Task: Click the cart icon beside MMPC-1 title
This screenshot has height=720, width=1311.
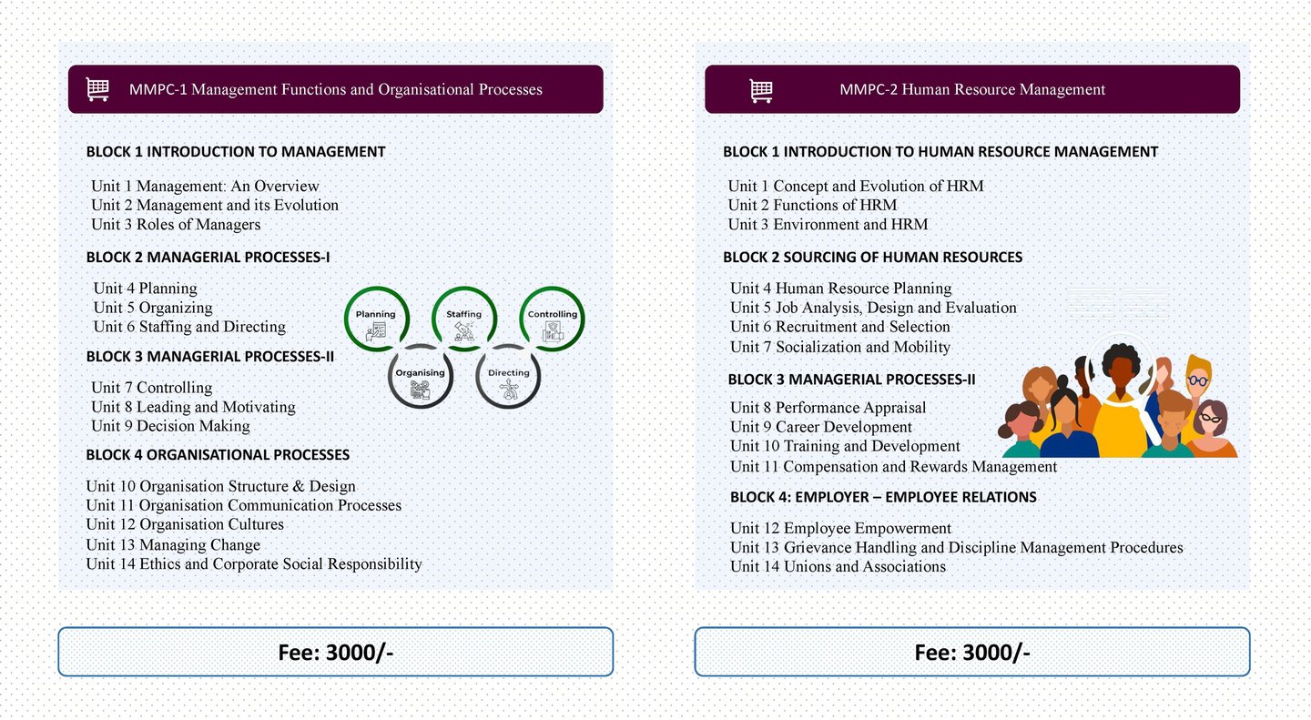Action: tap(97, 89)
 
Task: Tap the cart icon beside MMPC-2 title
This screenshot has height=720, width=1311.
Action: tap(761, 89)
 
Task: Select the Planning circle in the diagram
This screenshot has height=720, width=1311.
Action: tap(376, 319)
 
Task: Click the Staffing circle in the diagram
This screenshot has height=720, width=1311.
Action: tap(464, 319)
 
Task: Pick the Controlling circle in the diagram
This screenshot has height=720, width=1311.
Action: tap(552, 319)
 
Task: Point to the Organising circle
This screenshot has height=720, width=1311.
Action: tap(421, 376)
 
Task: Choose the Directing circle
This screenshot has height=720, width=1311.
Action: tap(508, 376)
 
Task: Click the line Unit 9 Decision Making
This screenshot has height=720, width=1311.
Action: tap(170, 426)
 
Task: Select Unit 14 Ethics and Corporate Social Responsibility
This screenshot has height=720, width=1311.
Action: tap(254, 564)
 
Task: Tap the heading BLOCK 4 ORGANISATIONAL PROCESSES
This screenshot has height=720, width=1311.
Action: tap(218, 454)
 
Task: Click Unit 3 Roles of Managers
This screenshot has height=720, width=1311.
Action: tap(176, 225)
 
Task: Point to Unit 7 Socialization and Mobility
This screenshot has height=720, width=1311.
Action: tap(839, 347)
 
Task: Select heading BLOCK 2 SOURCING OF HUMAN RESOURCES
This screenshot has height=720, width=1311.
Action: tap(872, 258)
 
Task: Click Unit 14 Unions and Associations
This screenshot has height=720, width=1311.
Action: tap(838, 567)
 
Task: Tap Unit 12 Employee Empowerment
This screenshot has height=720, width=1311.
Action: tap(840, 528)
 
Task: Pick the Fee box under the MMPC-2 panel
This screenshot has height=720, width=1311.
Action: tap(971, 652)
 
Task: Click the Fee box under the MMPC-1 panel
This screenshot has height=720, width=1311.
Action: tap(335, 652)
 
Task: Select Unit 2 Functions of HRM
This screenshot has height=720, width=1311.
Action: tap(812, 206)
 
